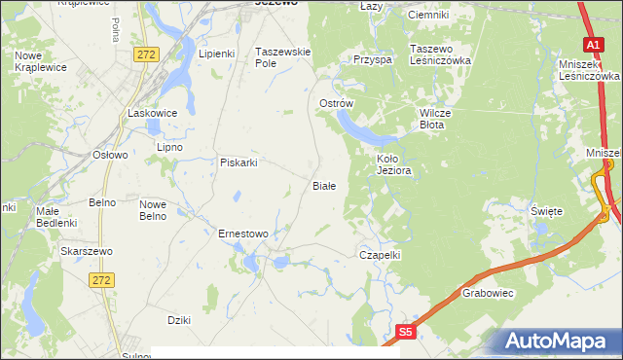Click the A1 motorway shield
pos(593,44)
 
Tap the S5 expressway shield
pos(406,332)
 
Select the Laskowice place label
pos(153,113)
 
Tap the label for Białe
pos(323,185)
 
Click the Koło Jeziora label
pos(395,163)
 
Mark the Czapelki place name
pos(381,254)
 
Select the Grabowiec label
pos(488,292)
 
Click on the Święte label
pos(546,210)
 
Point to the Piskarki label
pos(238,162)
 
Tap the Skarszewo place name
pos(87,251)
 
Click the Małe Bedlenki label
pos(55,216)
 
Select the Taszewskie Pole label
pos(281,56)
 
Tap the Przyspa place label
pos(373,59)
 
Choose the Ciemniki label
pos(428,15)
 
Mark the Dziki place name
pos(178,320)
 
